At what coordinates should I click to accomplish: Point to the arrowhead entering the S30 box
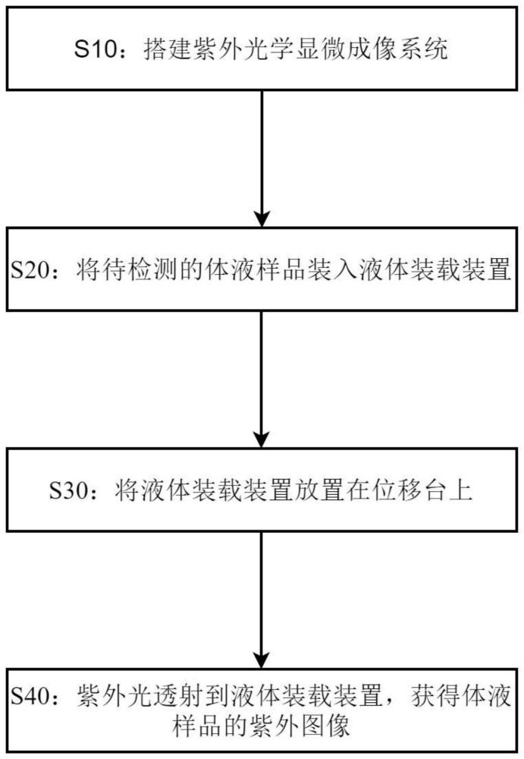261,439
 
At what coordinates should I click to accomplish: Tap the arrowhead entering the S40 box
261,659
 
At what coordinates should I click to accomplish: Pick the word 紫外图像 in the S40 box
301,726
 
